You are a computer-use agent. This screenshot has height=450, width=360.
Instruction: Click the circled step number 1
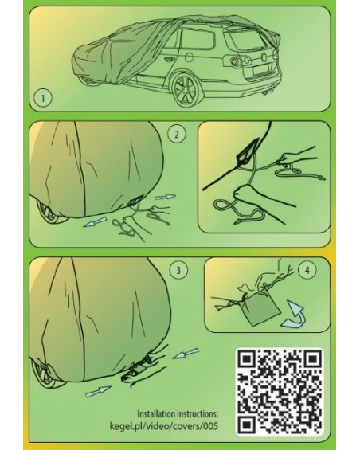43,99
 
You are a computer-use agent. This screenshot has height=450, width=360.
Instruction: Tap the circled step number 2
177,134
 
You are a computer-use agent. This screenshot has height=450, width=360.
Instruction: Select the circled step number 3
178,270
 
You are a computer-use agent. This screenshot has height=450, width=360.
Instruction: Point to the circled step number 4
307,270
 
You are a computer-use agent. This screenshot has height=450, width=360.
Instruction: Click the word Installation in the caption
156,414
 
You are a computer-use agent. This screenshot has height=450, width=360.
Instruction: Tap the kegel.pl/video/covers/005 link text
163,426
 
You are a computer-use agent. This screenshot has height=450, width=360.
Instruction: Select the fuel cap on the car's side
190,57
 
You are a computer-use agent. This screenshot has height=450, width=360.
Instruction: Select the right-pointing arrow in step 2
165,197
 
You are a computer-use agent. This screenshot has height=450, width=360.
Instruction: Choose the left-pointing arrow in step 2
95,222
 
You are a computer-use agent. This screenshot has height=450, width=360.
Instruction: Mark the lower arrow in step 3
98,391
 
